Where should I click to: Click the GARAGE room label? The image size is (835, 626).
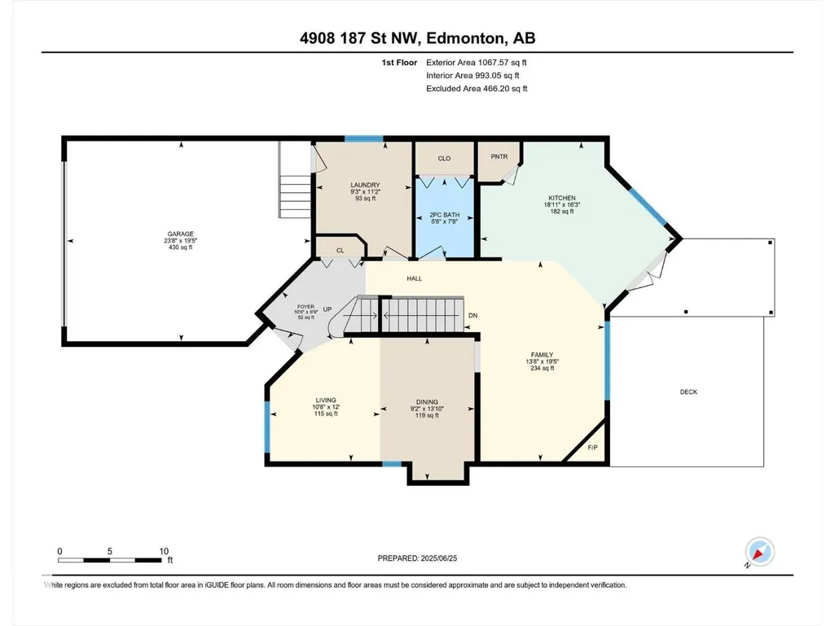181,234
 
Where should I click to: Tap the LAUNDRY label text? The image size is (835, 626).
365,186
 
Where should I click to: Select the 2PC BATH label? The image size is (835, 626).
445,215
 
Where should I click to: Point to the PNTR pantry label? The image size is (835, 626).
499,156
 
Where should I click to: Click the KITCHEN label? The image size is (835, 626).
562,198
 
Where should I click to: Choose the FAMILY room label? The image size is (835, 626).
542,355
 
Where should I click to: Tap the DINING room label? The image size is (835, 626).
427,402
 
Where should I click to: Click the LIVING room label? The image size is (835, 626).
326,401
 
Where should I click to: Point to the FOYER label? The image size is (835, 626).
305,307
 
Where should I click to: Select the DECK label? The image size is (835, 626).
688,392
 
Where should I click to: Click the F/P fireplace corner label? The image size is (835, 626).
593,448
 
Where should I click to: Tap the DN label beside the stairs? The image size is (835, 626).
472,316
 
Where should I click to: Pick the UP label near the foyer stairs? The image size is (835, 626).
327,309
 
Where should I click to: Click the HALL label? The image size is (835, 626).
415,278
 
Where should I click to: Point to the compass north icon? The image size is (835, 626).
760,551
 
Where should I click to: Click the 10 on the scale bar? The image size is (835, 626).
164,551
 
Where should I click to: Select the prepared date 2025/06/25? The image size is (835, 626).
439,558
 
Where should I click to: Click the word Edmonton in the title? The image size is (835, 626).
465,38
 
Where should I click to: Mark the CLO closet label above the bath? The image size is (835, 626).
444,158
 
